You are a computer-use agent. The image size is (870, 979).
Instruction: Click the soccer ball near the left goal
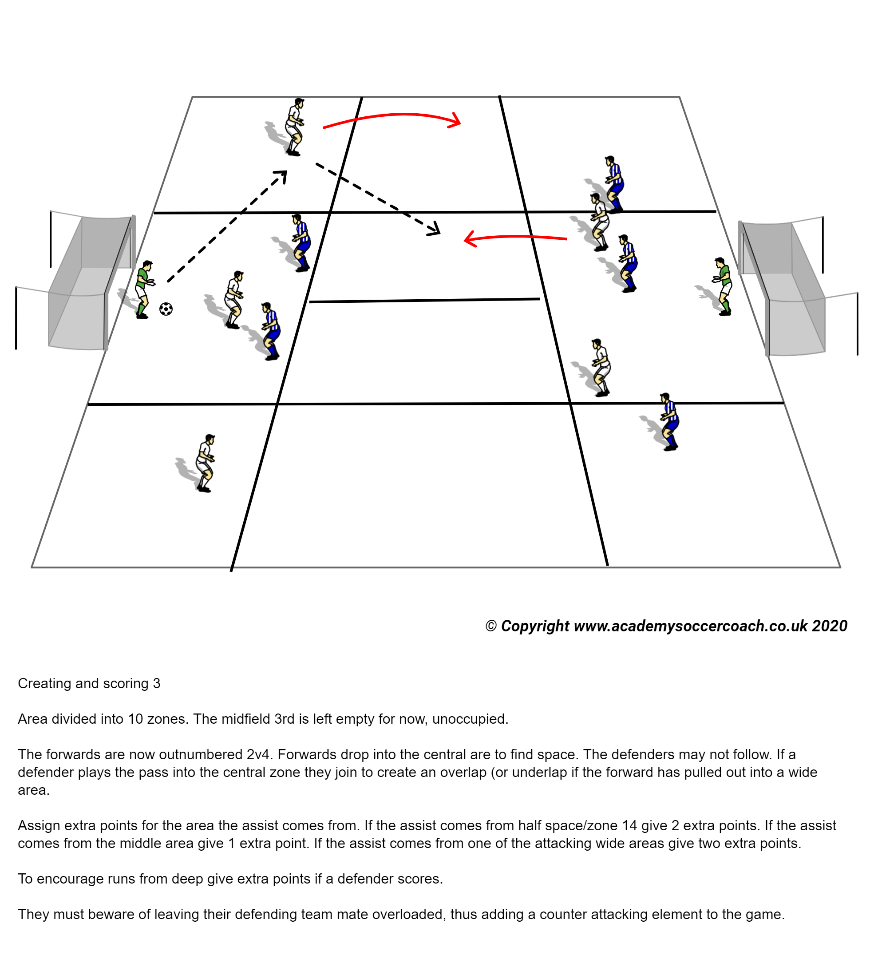[166, 309]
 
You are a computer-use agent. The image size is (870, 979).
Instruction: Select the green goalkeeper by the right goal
[724, 286]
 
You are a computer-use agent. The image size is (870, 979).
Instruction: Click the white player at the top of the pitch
[294, 127]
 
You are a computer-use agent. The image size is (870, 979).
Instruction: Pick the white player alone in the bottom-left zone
[206, 463]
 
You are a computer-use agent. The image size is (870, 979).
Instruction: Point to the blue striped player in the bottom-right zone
[669, 421]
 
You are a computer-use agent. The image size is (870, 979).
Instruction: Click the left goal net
[86, 282]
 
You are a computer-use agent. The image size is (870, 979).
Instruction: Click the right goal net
[785, 287]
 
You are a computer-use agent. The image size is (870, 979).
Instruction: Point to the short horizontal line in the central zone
[424, 300]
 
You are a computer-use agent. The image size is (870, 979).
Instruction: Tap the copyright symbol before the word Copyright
[491, 626]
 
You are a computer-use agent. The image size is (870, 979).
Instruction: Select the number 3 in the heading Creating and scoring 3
[157, 683]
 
